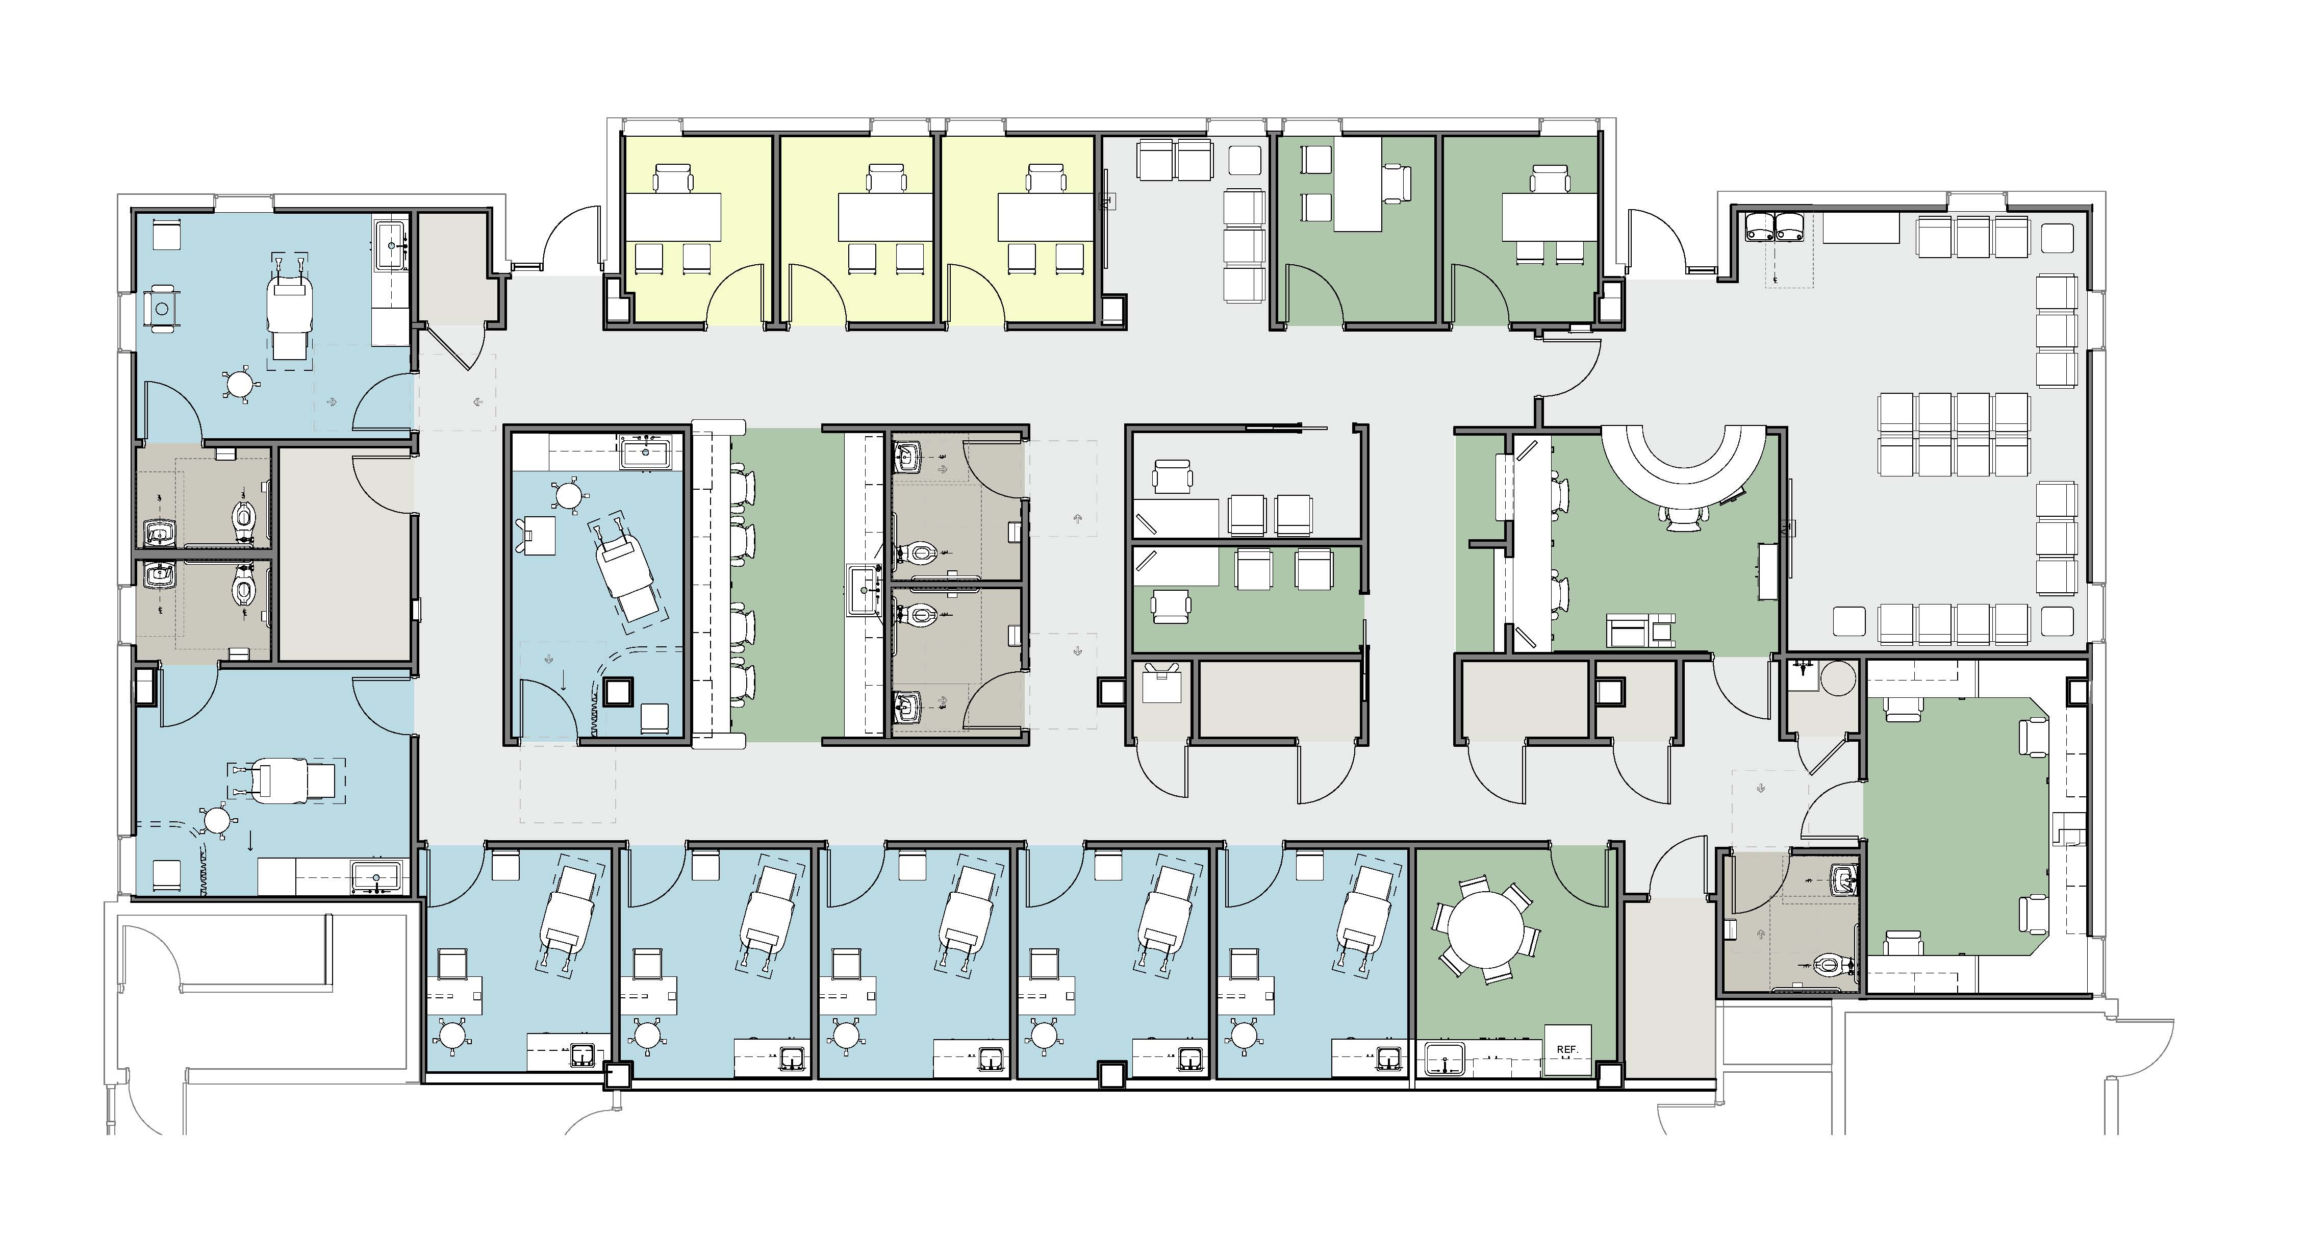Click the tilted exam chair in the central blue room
[x=626, y=577]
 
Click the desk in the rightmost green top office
[x=1549, y=217]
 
